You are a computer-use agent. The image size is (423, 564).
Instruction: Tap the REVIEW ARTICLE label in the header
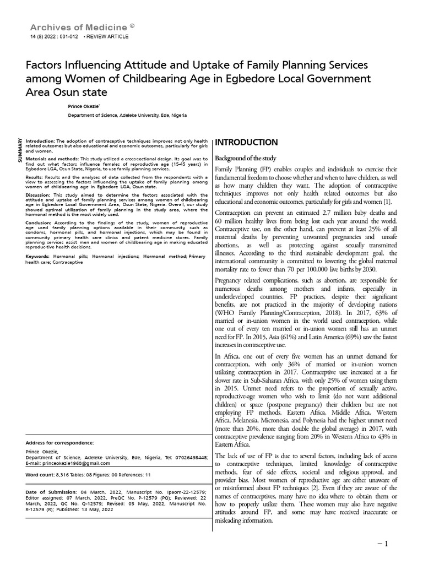(x=107, y=36)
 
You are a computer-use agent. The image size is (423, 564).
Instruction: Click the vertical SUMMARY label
(x=20, y=149)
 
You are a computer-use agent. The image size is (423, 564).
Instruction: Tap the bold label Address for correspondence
(x=60, y=442)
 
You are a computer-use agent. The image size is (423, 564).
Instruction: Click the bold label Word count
(x=40, y=474)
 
